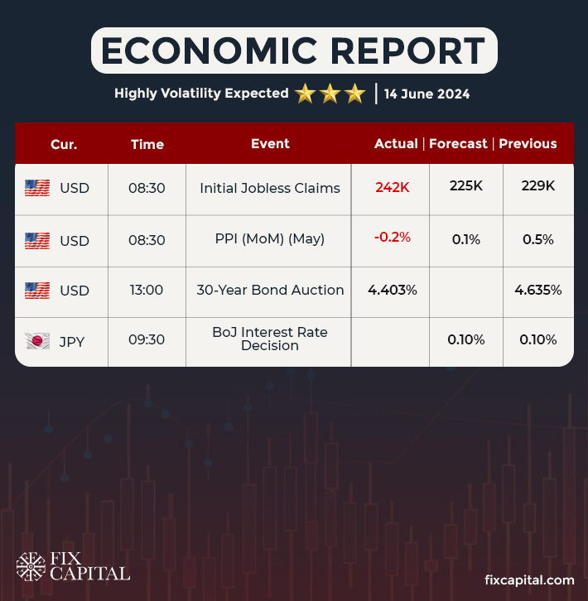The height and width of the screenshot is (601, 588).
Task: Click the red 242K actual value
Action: (393, 188)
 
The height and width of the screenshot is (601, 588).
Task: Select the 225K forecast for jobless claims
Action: (466, 187)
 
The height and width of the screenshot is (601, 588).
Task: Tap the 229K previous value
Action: (538, 187)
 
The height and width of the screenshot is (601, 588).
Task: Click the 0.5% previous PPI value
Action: (538, 240)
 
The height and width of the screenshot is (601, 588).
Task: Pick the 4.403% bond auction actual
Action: (393, 291)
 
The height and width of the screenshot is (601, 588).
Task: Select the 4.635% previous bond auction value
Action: (538, 291)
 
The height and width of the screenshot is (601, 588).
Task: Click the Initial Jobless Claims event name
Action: (270, 188)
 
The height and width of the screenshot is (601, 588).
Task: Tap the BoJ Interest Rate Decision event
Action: (270, 339)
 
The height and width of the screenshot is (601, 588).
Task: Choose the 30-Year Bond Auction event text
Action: (270, 291)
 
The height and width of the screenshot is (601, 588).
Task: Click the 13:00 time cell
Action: (147, 291)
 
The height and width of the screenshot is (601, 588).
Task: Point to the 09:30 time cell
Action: (147, 339)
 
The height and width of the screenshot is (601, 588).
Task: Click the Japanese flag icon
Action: (37, 340)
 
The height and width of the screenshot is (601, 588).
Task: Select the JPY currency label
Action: (74, 339)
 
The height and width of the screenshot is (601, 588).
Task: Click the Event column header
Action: (270, 143)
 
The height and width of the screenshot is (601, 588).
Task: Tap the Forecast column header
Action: (458, 143)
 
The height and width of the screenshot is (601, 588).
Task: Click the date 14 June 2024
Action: (427, 94)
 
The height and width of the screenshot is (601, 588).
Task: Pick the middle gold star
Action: (330, 94)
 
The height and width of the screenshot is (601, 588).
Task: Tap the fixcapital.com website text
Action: (528, 580)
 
